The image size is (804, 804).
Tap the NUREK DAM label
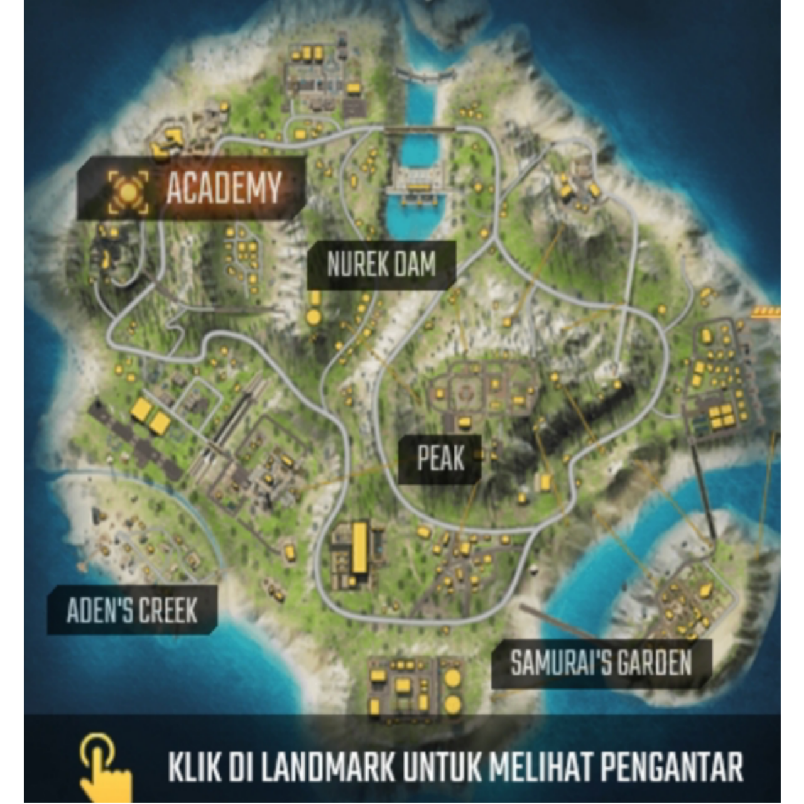pos(381,264)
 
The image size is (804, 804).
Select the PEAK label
pos(441,459)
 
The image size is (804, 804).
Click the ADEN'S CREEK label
pos(132,611)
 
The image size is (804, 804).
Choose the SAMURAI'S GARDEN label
pos(600,663)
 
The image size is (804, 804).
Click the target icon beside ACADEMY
pos(128,192)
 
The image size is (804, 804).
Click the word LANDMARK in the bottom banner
pos(327,767)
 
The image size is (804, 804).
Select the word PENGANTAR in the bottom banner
pos(672,767)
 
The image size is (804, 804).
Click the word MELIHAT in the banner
pos(540,767)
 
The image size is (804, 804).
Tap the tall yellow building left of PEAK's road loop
pos(359,547)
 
